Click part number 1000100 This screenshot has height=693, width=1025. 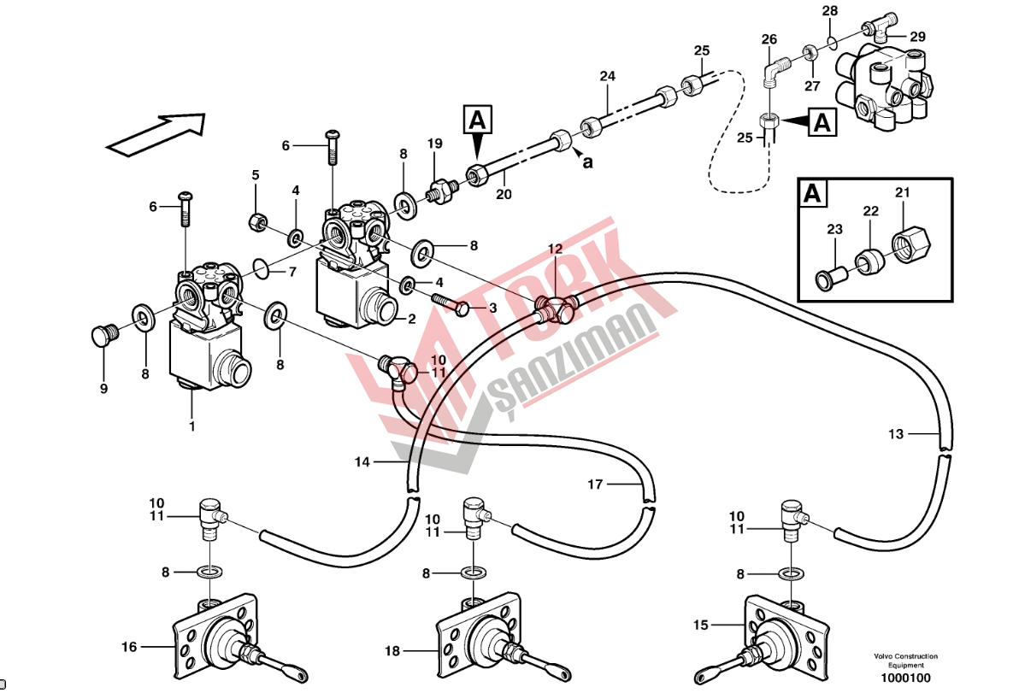(x=905, y=678)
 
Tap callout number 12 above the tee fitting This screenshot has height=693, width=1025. (x=555, y=250)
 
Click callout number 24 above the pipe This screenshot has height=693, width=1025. (x=607, y=77)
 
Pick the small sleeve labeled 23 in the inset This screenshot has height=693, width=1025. (x=829, y=277)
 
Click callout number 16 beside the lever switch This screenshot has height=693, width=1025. (x=129, y=647)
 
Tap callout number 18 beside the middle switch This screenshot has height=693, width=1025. (x=392, y=651)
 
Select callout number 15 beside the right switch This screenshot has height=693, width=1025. (x=701, y=626)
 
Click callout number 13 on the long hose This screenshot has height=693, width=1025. (x=895, y=434)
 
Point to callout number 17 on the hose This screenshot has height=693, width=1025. (x=595, y=485)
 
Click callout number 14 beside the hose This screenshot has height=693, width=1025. (x=362, y=462)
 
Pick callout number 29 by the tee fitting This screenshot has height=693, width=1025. (x=917, y=37)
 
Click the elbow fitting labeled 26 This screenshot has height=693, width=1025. (x=772, y=70)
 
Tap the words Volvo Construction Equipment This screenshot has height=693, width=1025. (x=905, y=661)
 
